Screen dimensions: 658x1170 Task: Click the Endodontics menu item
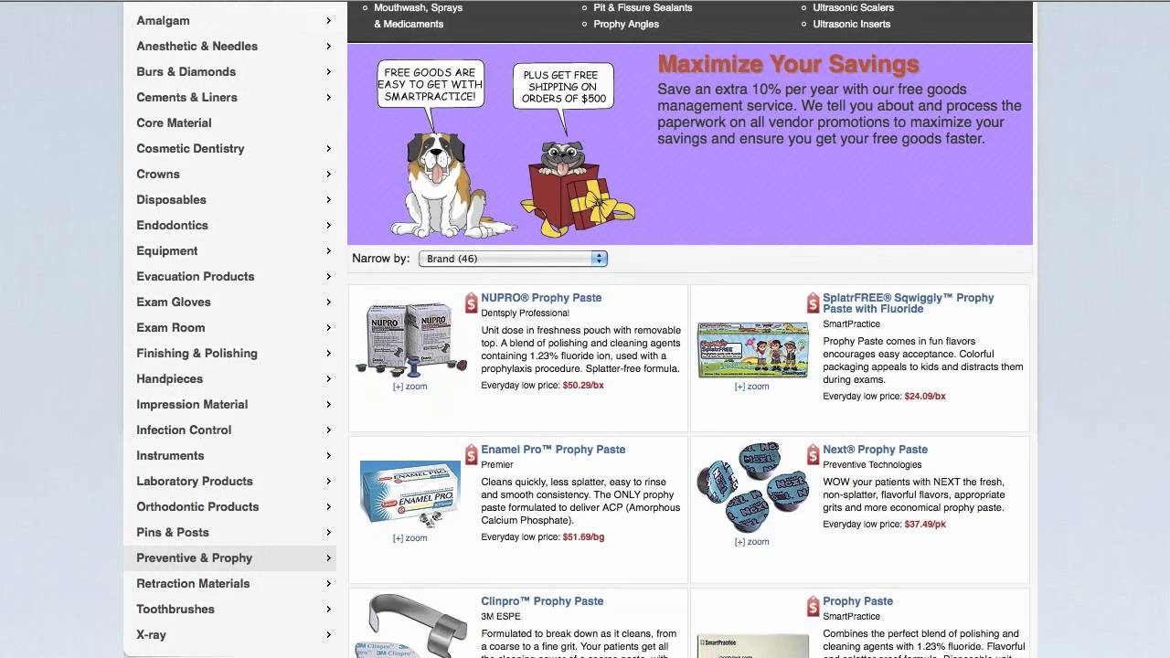[x=172, y=225]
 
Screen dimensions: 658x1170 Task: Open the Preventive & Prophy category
[x=194, y=557]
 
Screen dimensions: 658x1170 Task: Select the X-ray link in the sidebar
[x=151, y=634]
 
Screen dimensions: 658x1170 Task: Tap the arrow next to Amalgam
[x=328, y=20]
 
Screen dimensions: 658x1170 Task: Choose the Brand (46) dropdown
[x=513, y=259]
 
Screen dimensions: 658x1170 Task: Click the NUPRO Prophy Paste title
[x=541, y=298]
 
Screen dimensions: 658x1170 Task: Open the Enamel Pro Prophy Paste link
[x=553, y=450]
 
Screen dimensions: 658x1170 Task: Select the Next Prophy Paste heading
[x=875, y=450]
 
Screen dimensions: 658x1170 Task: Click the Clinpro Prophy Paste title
[x=542, y=601]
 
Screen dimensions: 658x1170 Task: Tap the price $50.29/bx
[x=583, y=386]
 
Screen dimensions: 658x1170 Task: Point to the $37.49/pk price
[x=925, y=525]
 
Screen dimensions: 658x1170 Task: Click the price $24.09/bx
[x=925, y=397]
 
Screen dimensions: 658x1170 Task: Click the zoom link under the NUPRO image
[x=409, y=387]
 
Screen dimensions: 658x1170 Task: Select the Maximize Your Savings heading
[x=788, y=64]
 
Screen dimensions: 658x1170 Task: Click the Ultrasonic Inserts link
[x=851, y=24]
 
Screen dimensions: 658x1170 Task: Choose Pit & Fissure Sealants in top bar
[x=643, y=7]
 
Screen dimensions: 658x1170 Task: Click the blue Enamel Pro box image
[x=409, y=493]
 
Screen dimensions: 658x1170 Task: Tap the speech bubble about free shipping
[x=561, y=86]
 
